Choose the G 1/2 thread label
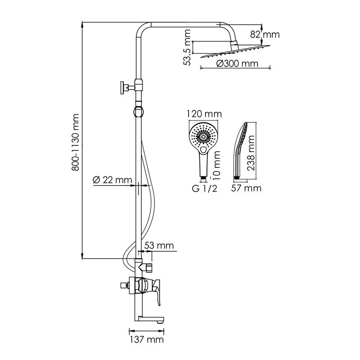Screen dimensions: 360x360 tap(204, 189)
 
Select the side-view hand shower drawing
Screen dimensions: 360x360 tap(241, 148)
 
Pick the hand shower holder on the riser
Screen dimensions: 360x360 tap(139, 110)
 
